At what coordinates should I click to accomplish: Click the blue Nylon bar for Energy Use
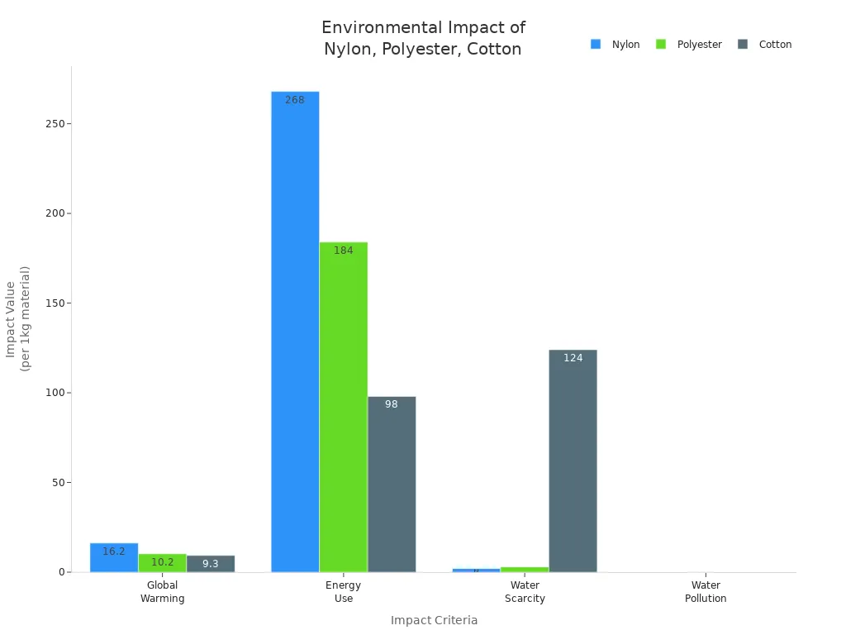click(295, 331)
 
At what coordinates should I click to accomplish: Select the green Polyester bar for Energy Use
click(344, 406)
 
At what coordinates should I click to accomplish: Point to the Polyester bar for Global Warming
click(162, 563)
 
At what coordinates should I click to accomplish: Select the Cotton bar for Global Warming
click(211, 564)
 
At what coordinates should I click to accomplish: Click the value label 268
click(295, 100)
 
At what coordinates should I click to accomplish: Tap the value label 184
click(344, 251)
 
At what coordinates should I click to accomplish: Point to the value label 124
click(573, 358)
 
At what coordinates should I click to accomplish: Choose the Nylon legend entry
click(615, 45)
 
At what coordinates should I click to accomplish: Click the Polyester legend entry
click(689, 45)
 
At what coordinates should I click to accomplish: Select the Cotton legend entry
click(765, 45)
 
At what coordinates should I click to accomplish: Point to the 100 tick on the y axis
click(55, 393)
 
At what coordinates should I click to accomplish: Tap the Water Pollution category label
click(706, 592)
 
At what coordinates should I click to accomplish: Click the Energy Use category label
click(344, 592)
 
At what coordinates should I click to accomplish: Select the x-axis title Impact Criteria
click(434, 620)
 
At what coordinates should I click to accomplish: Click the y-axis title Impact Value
click(17, 318)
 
